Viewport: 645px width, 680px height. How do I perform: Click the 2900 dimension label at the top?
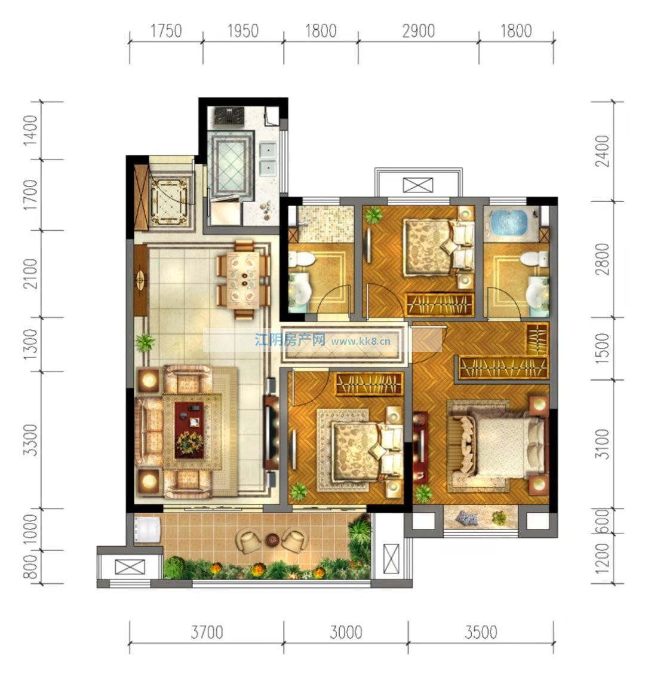418,31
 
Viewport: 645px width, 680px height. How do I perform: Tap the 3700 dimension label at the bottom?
207,632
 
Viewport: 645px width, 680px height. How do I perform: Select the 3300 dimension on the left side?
30,440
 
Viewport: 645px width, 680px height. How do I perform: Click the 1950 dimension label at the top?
242,31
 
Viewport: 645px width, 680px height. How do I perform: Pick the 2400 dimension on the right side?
602,151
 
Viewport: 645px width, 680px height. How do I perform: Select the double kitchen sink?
268,158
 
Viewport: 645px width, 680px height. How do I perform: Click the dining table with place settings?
242,280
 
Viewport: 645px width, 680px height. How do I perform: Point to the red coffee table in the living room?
189,430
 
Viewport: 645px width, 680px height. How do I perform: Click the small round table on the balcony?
272,540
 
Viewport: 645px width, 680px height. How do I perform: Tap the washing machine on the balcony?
148,529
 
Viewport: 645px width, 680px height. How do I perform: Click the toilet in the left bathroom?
302,259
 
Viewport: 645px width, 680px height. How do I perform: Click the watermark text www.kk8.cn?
361,341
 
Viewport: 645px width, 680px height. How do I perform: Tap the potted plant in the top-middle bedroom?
373,215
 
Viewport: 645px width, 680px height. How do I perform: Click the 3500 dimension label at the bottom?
480,632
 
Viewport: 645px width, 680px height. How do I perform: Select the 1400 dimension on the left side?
30,130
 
